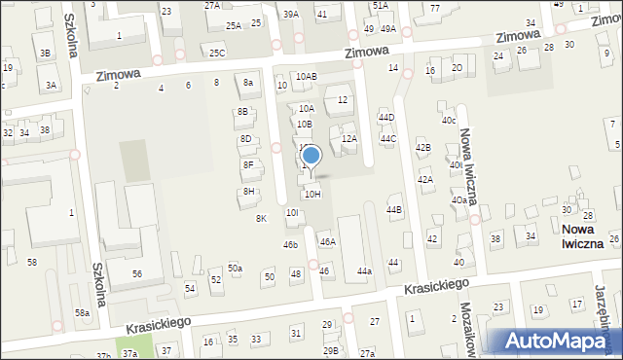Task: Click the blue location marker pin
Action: click(311, 156)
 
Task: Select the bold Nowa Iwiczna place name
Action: click(589, 235)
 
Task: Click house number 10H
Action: click(312, 195)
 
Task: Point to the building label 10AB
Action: click(307, 76)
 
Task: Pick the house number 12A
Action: click(349, 139)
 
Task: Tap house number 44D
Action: click(387, 118)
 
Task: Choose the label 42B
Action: click(423, 148)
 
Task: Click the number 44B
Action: click(394, 210)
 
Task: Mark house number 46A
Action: click(328, 242)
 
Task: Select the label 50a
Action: click(236, 268)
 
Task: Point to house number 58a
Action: click(84, 312)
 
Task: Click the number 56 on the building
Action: click(137, 274)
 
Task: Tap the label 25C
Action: click(217, 53)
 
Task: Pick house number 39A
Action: click(291, 15)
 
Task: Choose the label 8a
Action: click(248, 83)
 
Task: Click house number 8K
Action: click(261, 219)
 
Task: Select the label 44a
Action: click(364, 271)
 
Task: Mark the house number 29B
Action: click(331, 350)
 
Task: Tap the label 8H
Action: click(249, 192)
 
